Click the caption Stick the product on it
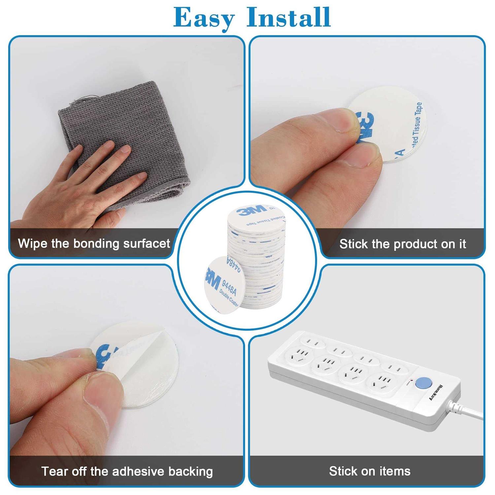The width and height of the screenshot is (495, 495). point(402,244)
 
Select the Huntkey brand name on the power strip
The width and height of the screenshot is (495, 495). point(437,393)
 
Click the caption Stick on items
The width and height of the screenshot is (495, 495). point(370,471)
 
